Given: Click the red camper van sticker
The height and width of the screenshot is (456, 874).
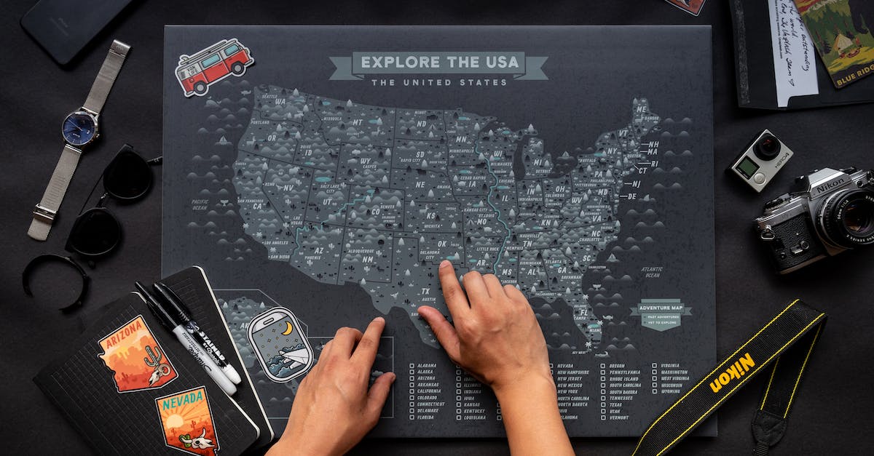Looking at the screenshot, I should pos(214,66).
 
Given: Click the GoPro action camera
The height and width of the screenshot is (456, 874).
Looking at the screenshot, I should pos(760,159).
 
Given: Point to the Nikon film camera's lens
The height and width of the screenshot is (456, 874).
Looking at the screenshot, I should pos(849,217).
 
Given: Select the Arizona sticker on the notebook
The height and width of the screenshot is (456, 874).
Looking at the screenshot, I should pos(137,353).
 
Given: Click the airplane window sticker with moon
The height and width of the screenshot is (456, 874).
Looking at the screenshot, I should pos(280,344).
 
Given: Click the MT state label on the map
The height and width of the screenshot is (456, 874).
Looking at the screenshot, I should pos(357,123).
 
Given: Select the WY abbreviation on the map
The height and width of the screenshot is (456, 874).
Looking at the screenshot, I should pos(366,160).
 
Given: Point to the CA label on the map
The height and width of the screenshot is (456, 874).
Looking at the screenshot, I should pos(257,207).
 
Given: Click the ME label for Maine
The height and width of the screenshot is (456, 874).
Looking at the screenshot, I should pos(641,109).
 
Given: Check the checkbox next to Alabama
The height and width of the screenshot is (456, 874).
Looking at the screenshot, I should pos(412,367).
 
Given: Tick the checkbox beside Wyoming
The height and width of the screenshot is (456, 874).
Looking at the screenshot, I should pos(654,391).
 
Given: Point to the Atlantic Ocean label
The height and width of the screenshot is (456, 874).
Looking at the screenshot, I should pos(651,272).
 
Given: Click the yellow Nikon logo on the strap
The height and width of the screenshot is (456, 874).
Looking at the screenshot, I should pos(732,372).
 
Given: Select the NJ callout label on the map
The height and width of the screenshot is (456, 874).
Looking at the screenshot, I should pos(636,184).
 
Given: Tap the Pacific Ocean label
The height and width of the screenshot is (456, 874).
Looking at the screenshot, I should pos(200,204).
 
